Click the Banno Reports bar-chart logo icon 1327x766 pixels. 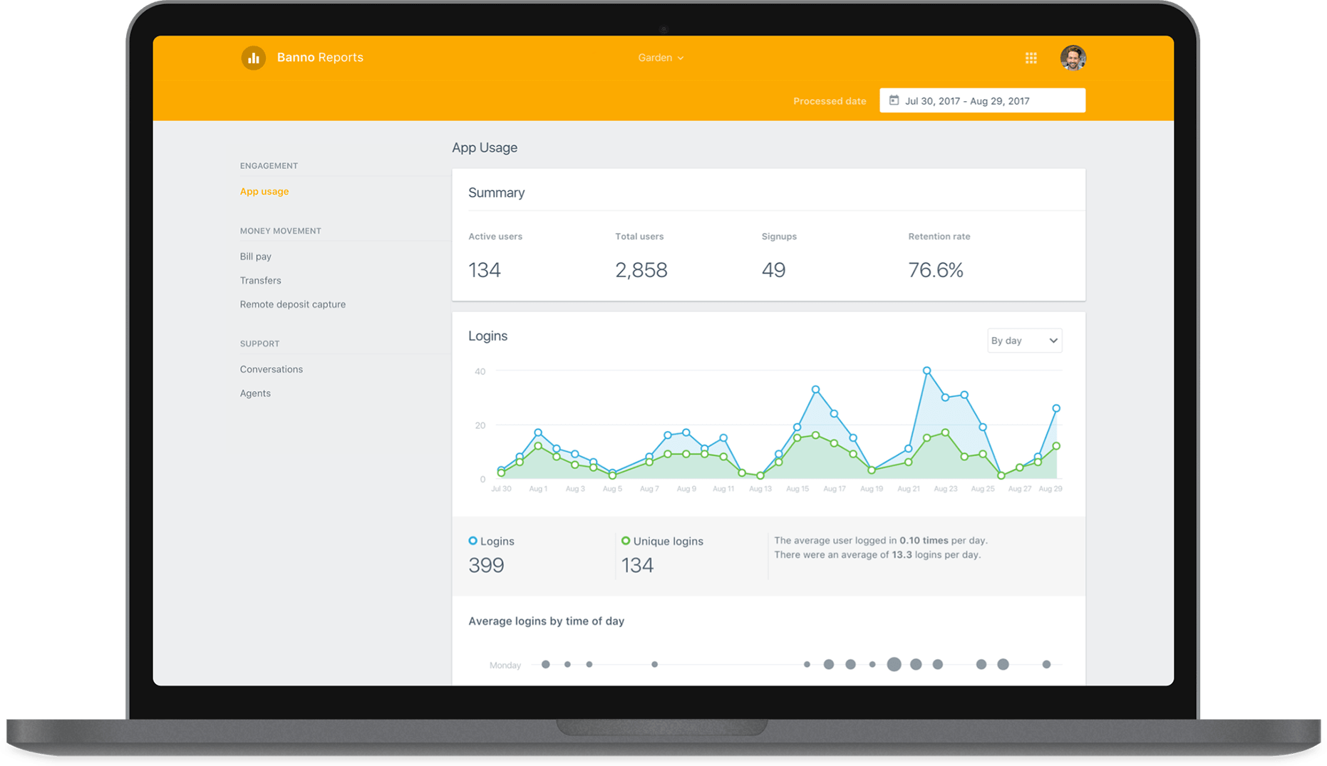[253, 58]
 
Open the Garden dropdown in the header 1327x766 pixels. [661, 58]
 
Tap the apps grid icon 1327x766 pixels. [1031, 58]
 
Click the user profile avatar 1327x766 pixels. [1073, 58]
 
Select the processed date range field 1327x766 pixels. [982, 100]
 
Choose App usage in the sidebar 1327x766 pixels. [264, 191]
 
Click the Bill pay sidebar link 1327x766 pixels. [256, 257]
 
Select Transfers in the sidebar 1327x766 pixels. [261, 281]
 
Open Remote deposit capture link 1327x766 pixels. [293, 304]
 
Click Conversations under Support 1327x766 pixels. [272, 369]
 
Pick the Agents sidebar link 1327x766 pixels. [255, 393]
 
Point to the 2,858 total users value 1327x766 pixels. [641, 270]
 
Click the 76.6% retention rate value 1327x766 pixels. [936, 270]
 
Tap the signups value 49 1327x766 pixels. [773, 270]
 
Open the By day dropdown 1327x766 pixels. [1024, 341]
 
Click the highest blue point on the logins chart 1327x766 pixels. [926, 371]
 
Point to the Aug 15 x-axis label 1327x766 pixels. [797, 489]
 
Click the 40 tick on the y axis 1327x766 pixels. [480, 371]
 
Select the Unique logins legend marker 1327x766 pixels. [626, 541]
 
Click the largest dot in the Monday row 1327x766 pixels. [894, 664]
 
